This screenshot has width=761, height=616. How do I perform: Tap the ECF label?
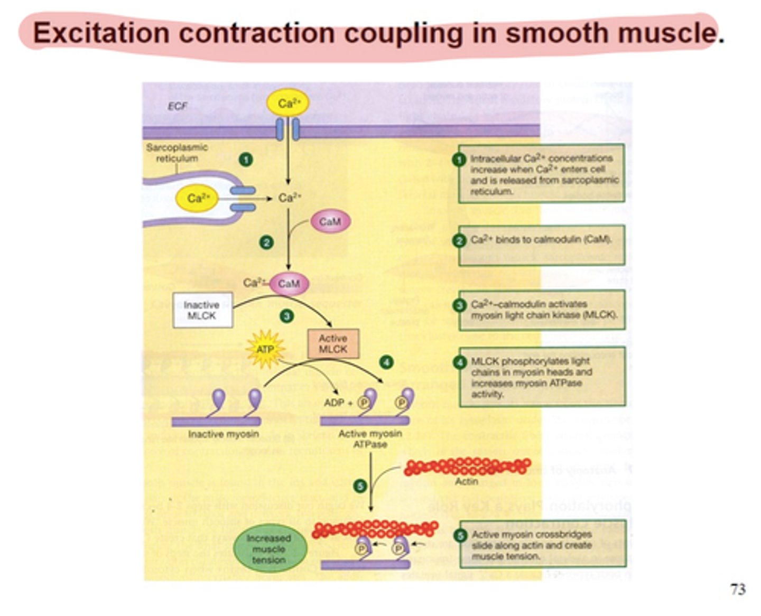[x=177, y=106]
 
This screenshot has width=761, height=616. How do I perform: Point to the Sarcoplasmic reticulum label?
[x=177, y=153]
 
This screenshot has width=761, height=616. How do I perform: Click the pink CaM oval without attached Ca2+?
[x=330, y=221]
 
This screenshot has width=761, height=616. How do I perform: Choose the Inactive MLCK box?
[x=202, y=310]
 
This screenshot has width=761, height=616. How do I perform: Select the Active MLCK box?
[x=333, y=343]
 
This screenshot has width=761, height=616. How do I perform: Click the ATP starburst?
[x=265, y=349]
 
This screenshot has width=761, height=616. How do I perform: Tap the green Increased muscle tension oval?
[x=269, y=549]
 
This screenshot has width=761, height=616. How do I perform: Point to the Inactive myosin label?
[x=223, y=434]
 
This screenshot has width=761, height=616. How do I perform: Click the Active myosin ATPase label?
[x=370, y=439]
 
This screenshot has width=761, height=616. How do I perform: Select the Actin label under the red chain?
[x=466, y=481]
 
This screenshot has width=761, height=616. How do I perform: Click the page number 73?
[x=738, y=589]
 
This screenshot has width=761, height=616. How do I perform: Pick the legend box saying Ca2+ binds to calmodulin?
[x=541, y=244]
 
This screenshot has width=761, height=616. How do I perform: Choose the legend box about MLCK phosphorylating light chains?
[x=541, y=377]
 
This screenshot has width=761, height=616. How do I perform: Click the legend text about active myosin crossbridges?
[x=531, y=545]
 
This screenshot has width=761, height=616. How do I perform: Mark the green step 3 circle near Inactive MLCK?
[x=286, y=316]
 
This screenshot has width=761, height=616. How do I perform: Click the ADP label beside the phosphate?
[x=333, y=403]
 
